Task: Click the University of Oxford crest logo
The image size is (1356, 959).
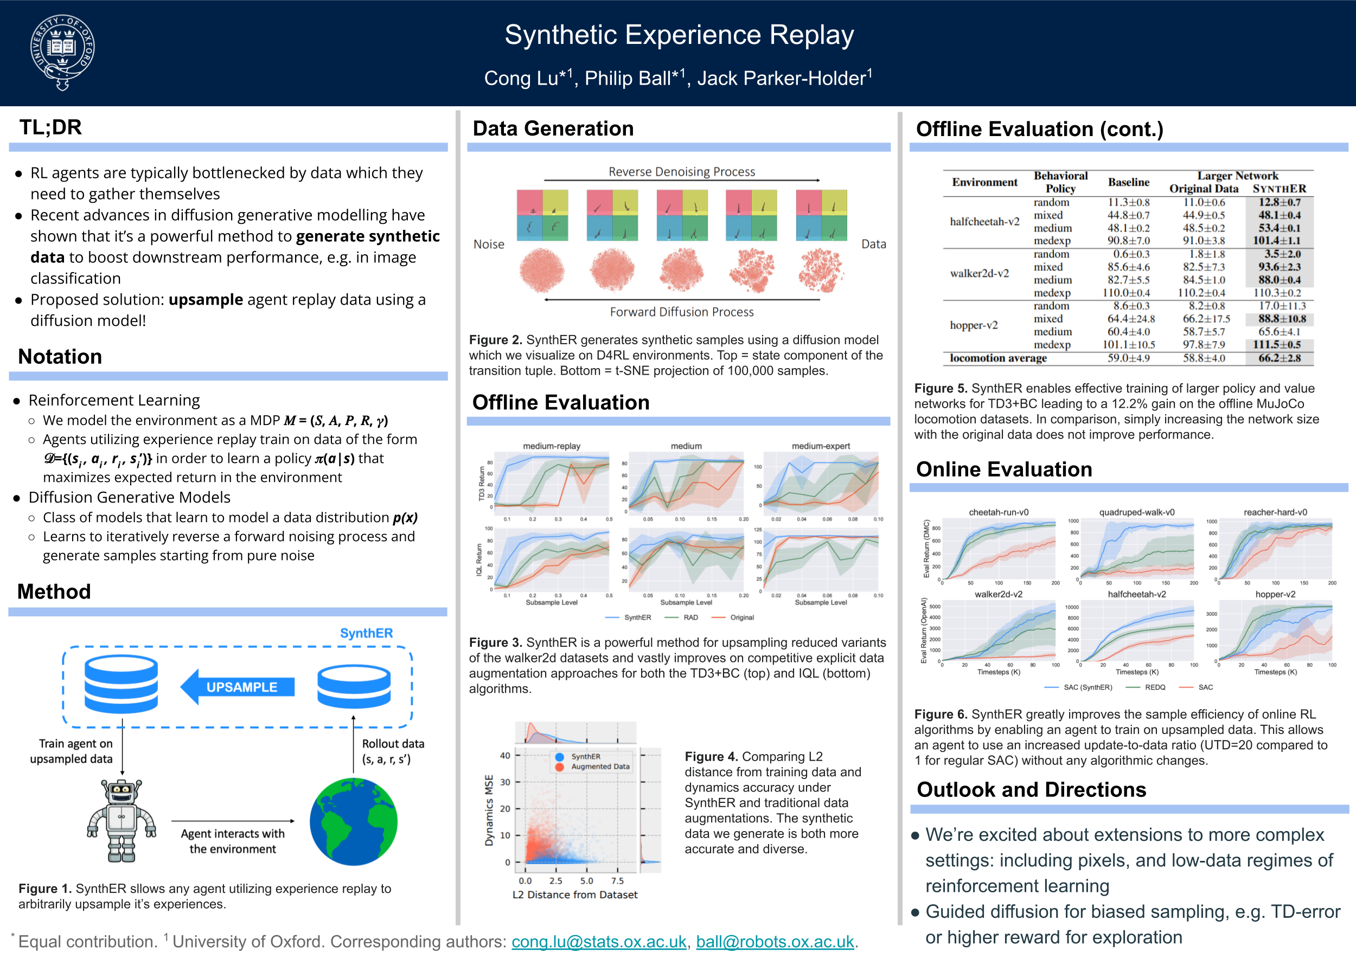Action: pyautogui.click(x=62, y=52)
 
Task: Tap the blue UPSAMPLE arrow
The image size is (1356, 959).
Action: pyautogui.click(x=238, y=687)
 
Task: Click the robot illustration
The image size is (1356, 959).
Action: pyautogui.click(x=121, y=820)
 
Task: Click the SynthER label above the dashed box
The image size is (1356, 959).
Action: pyautogui.click(x=366, y=633)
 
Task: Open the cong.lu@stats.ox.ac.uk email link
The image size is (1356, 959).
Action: pyautogui.click(x=598, y=941)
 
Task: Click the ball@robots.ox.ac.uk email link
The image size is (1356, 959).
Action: pyautogui.click(x=775, y=941)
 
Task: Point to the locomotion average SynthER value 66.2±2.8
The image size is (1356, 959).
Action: pyautogui.click(x=1278, y=358)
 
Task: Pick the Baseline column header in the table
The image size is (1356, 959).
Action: pyautogui.click(x=1128, y=182)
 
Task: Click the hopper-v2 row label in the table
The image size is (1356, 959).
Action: pyautogui.click(x=973, y=325)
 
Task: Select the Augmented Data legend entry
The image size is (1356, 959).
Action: pyautogui.click(x=599, y=767)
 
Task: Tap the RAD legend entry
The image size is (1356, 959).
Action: pyautogui.click(x=690, y=617)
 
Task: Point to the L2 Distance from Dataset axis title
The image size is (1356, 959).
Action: pyautogui.click(x=574, y=894)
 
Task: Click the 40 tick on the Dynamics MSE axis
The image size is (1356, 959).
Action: pyautogui.click(x=504, y=755)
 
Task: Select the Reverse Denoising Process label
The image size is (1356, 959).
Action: pyautogui.click(x=681, y=172)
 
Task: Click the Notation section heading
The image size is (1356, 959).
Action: pyautogui.click(x=60, y=357)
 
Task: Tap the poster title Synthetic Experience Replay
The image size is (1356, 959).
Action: pyautogui.click(x=679, y=35)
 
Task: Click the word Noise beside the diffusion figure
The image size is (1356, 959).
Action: pyautogui.click(x=489, y=244)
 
